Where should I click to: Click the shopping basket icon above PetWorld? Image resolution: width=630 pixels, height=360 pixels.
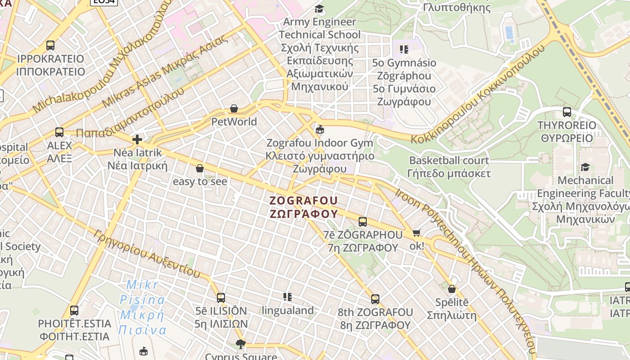(234, 108)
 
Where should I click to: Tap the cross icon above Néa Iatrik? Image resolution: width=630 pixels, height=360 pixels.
(137, 139)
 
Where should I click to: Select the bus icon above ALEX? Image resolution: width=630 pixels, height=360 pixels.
(59, 132)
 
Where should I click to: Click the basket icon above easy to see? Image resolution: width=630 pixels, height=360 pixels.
(200, 169)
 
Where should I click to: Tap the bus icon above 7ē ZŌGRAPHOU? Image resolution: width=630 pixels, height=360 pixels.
(363, 222)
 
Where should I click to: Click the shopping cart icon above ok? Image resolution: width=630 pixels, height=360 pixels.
(416, 233)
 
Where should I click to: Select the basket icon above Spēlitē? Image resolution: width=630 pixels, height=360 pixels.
(452, 289)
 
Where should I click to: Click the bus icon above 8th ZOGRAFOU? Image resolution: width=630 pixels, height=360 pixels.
(375, 299)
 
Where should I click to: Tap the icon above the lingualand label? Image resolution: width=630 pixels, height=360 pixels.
(288, 297)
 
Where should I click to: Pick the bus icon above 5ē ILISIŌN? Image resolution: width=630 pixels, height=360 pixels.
(221, 298)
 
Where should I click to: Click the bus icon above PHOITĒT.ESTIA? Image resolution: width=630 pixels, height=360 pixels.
(74, 310)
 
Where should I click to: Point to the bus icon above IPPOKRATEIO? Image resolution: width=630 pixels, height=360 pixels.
(50, 45)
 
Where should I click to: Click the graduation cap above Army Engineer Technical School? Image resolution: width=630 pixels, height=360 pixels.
(319, 9)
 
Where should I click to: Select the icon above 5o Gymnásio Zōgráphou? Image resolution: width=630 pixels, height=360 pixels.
(404, 49)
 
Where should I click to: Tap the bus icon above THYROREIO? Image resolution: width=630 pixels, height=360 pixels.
(567, 112)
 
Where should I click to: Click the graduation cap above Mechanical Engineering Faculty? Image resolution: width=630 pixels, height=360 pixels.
(585, 167)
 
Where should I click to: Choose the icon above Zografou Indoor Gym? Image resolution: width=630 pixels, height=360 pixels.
(320, 130)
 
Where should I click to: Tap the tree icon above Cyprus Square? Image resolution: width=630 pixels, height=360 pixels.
(241, 344)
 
